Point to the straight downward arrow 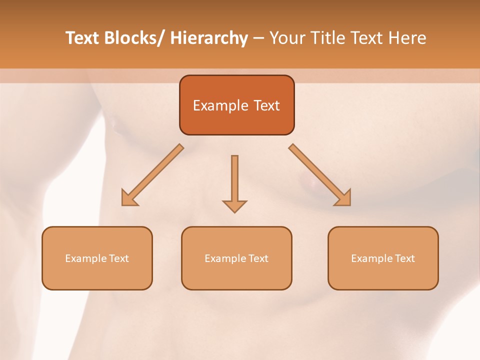click(234, 182)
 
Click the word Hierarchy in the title click(209, 38)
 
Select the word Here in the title click(407, 38)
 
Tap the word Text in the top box click(266, 106)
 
